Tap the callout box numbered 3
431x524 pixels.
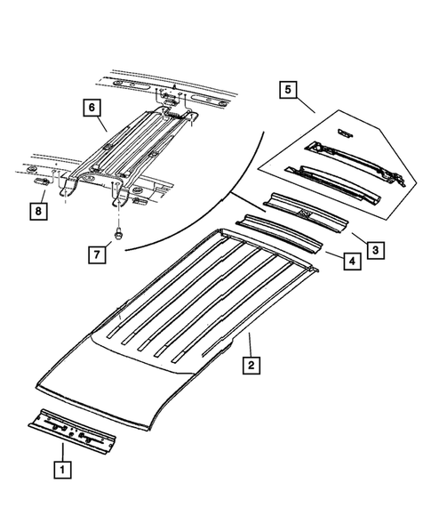point(376,251)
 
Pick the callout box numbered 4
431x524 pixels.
point(351,262)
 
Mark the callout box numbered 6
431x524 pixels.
point(91,109)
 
